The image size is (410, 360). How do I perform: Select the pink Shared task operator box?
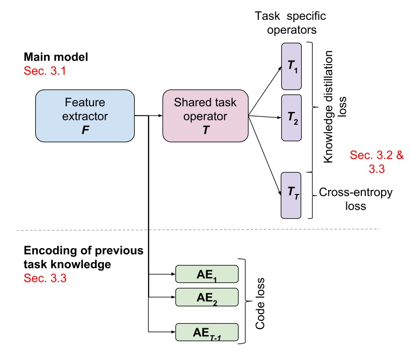[205, 115]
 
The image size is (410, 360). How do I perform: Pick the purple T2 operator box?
[292, 119]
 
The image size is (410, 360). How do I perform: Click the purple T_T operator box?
[292, 195]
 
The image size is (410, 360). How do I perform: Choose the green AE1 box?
[206, 274]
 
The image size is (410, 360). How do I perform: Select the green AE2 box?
[206, 297]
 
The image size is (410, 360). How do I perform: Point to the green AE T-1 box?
[206, 331]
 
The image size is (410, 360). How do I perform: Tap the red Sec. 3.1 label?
[45, 71]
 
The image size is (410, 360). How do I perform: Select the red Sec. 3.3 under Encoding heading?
[45, 278]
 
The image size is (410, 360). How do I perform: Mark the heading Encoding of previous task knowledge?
[83, 258]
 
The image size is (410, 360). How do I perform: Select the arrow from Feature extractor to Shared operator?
[149, 116]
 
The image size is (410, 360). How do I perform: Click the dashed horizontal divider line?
[199, 230]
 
